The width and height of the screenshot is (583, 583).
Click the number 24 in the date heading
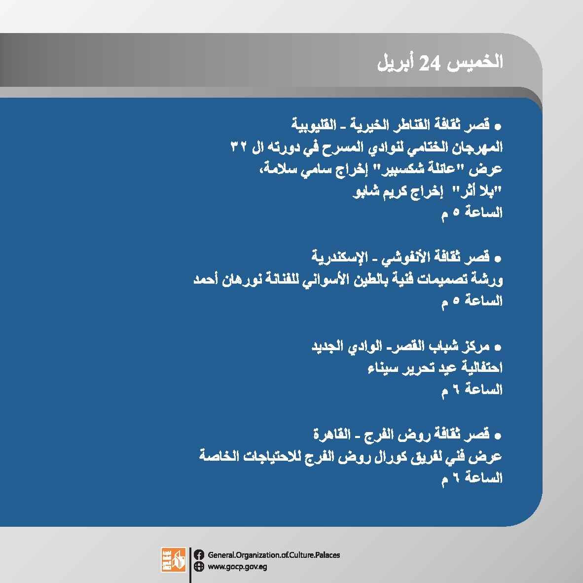430,63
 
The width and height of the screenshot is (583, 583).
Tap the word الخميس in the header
475,62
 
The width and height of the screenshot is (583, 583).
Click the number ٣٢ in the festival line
239,146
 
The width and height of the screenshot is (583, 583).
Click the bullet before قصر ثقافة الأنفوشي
498,259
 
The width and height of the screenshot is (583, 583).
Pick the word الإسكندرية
339,256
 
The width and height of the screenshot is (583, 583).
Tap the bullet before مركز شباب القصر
498,348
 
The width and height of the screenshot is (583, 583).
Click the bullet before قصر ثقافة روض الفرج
498,436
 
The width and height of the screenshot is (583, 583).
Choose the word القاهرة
332,434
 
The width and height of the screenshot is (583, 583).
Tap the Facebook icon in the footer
199,555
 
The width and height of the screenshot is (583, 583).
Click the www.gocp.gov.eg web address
237,567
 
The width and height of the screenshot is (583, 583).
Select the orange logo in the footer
173,560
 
